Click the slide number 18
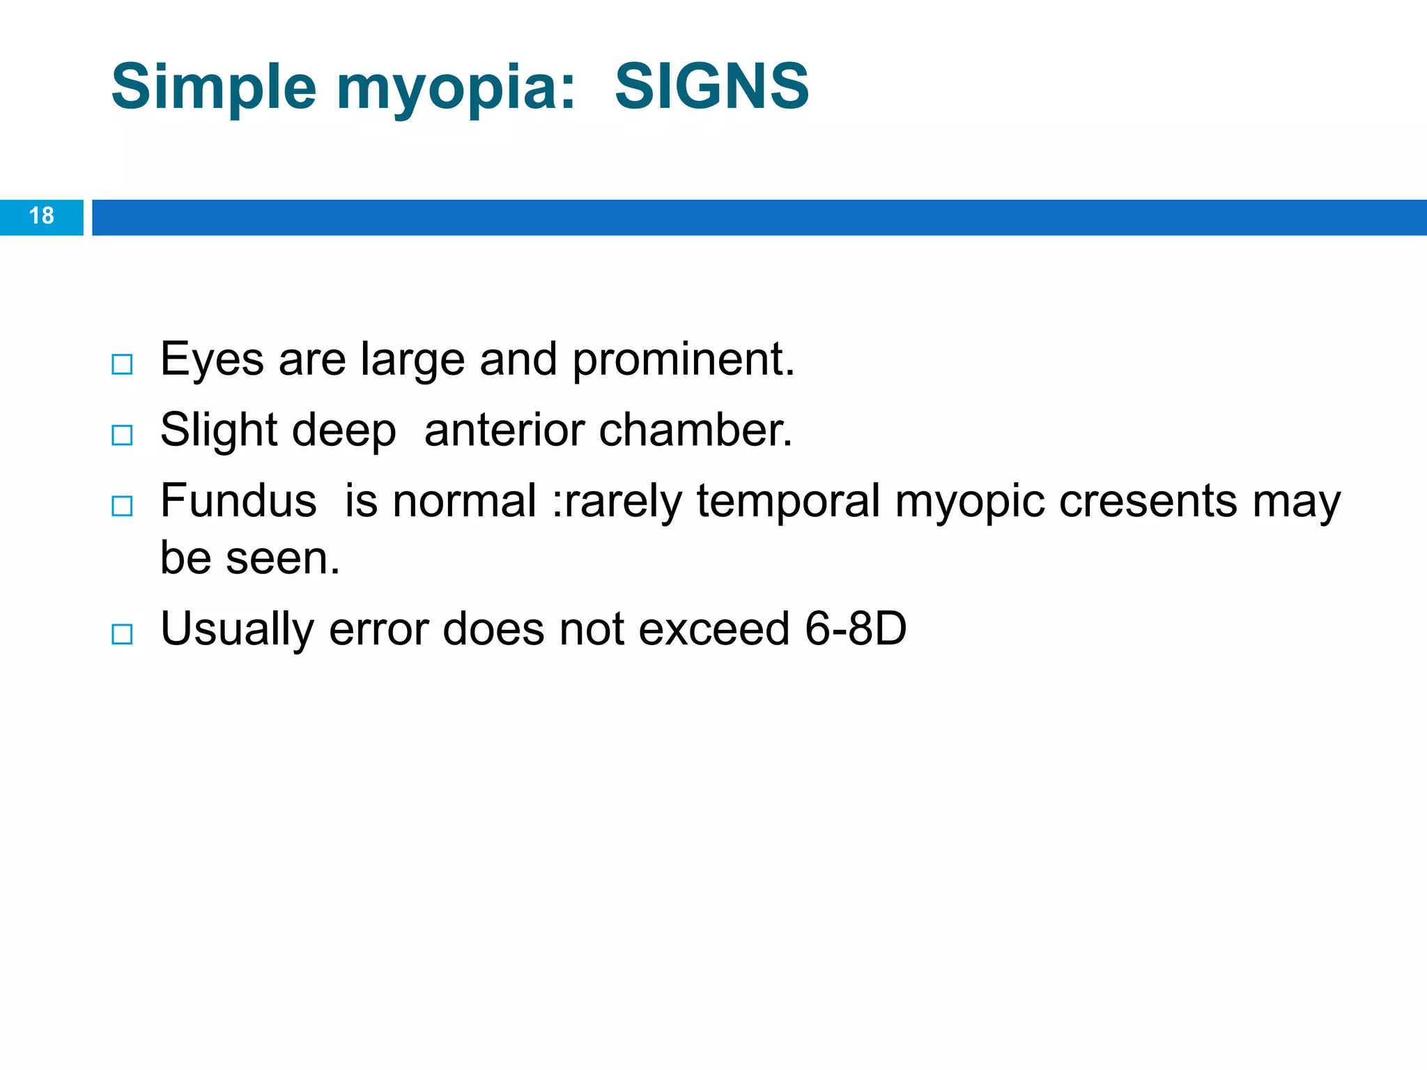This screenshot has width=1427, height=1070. click(42, 216)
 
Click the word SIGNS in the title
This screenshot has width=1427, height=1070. click(711, 86)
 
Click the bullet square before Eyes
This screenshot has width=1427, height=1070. click(122, 364)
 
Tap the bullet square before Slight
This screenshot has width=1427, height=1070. click(122, 435)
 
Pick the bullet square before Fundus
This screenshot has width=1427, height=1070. click(122, 506)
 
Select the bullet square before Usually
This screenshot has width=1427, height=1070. click(122, 634)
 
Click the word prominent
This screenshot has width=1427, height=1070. click(683, 361)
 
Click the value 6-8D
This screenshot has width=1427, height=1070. click(855, 629)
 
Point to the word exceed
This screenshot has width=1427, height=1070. click(713, 629)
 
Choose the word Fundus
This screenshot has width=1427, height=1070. click(238, 502)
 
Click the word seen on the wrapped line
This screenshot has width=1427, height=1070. click(283, 559)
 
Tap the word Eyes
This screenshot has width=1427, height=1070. click(212, 361)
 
